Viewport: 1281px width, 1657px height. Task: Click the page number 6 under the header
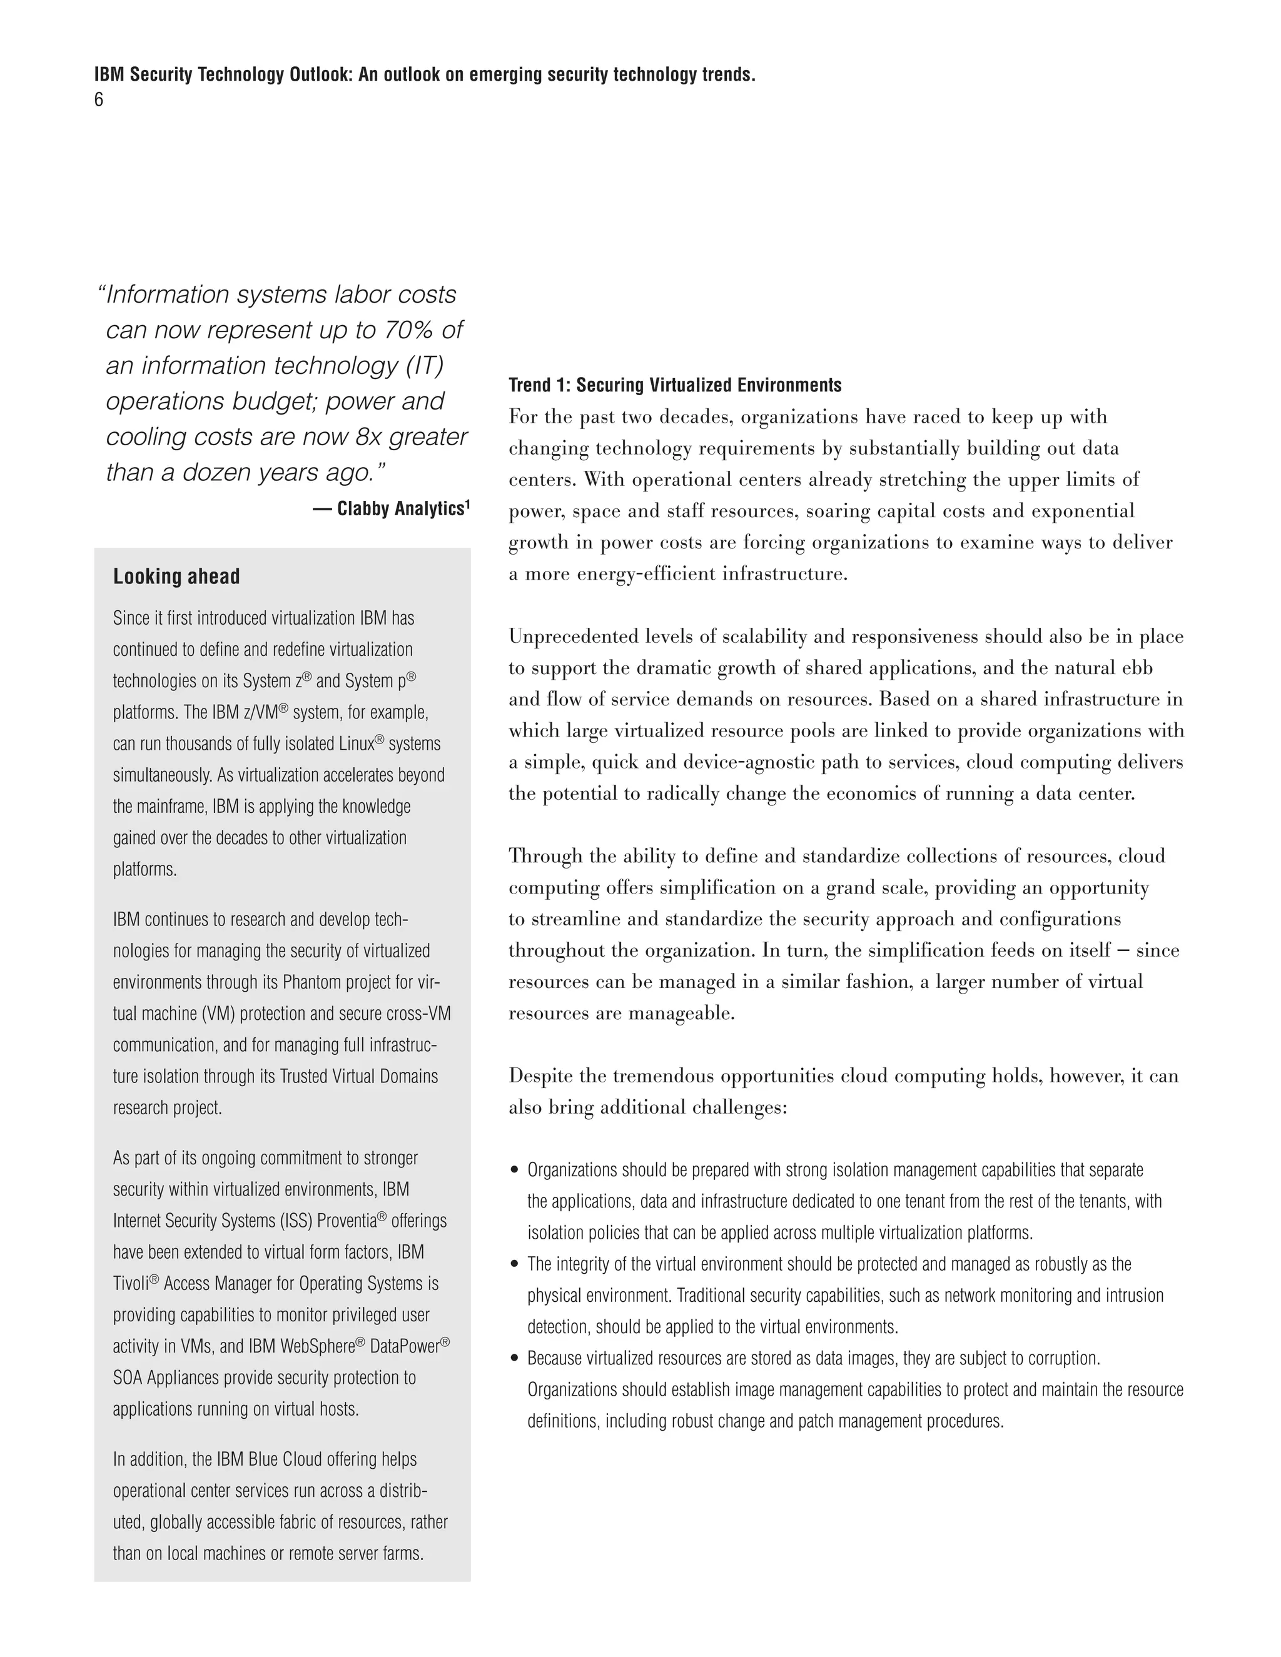(x=99, y=100)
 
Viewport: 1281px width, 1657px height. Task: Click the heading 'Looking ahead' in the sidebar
(x=176, y=577)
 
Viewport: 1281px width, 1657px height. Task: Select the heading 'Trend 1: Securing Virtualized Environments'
(x=675, y=385)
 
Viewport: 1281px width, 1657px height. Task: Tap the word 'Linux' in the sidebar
(x=356, y=743)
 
